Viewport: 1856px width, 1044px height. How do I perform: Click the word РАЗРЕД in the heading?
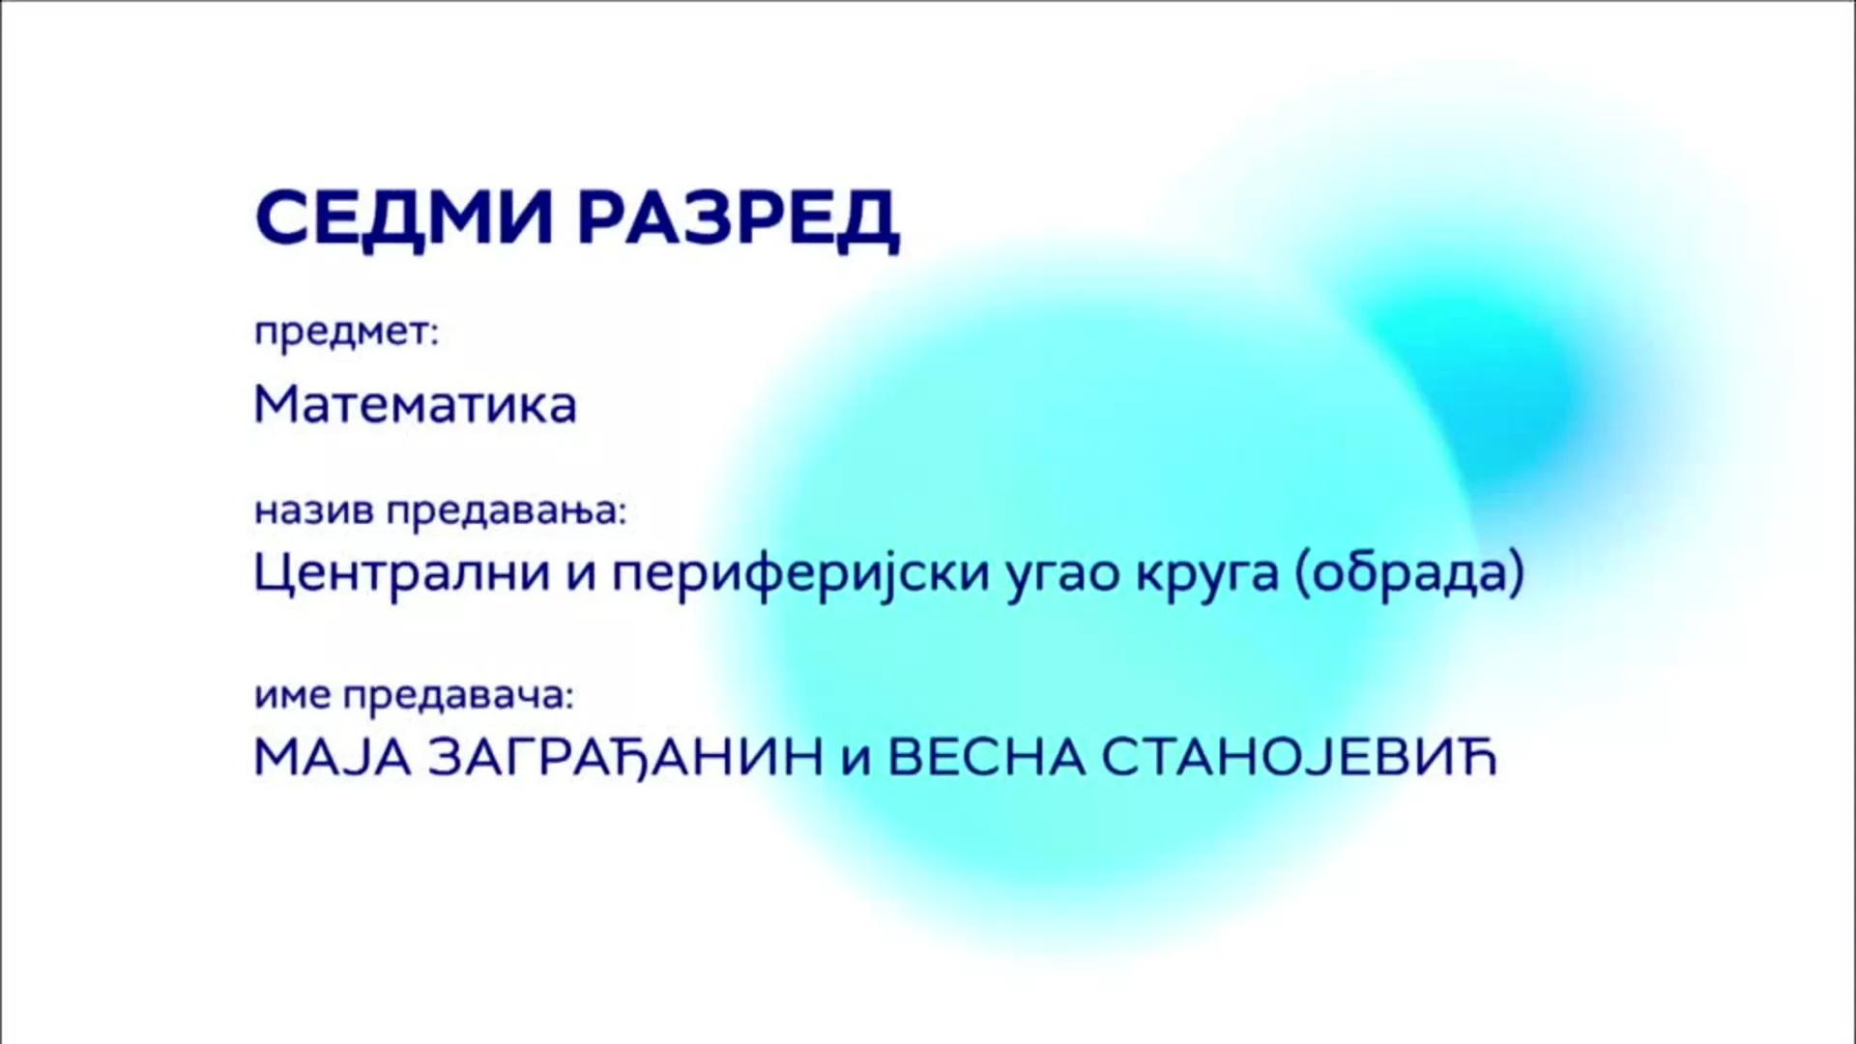tap(739, 220)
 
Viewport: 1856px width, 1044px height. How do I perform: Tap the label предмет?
tap(346, 333)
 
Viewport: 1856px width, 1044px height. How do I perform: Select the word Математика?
tap(415, 403)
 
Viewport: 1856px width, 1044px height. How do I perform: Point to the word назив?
tap(313, 510)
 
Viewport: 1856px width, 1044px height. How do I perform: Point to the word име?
tap(293, 695)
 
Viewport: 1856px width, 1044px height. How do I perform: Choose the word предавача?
tap(459, 696)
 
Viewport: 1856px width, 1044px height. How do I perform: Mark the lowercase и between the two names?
tap(856, 762)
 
